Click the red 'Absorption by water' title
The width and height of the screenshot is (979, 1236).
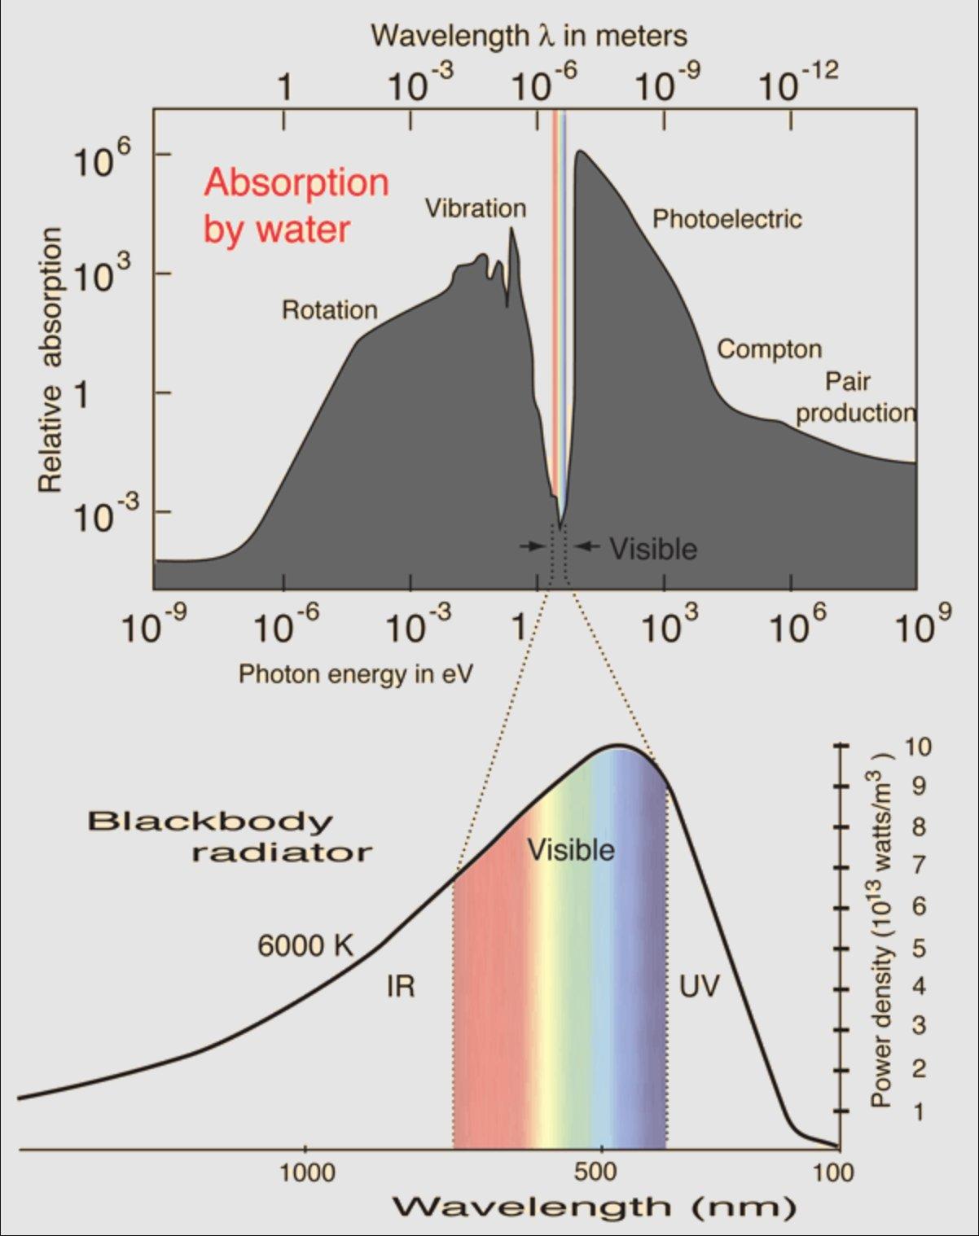pyautogui.click(x=296, y=205)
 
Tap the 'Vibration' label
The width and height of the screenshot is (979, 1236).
pyautogui.click(x=476, y=208)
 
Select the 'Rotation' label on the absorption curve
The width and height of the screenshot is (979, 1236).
pyautogui.click(x=330, y=310)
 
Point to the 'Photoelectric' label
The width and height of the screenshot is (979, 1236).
pyautogui.click(x=727, y=219)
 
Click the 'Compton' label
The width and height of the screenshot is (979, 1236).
pyautogui.click(x=769, y=349)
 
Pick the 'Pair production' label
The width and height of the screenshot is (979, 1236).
pyautogui.click(x=854, y=397)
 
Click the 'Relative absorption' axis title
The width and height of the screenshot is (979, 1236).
pyautogui.click(x=50, y=360)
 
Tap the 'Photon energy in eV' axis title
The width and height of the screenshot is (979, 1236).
pyautogui.click(x=356, y=674)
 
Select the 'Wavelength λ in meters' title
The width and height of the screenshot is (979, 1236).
pyautogui.click(x=529, y=36)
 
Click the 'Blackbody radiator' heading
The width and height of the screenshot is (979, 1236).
pyautogui.click(x=230, y=836)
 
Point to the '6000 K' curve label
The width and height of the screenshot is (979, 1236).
pyautogui.click(x=306, y=945)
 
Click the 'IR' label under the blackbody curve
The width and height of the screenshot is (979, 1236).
pyautogui.click(x=400, y=987)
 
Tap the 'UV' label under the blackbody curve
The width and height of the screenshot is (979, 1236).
pyautogui.click(x=700, y=987)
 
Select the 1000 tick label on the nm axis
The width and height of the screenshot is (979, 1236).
pyautogui.click(x=307, y=1173)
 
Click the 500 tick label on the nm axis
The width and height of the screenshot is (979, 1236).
pyautogui.click(x=601, y=1173)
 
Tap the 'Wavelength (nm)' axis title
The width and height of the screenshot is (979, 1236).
pyautogui.click(x=594, y=1207)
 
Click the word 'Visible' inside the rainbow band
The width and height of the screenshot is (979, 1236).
pyautogui.click(x=571, y=850)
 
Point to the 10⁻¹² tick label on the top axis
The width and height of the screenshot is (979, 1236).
pyautogui.click(x=798, y=83)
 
